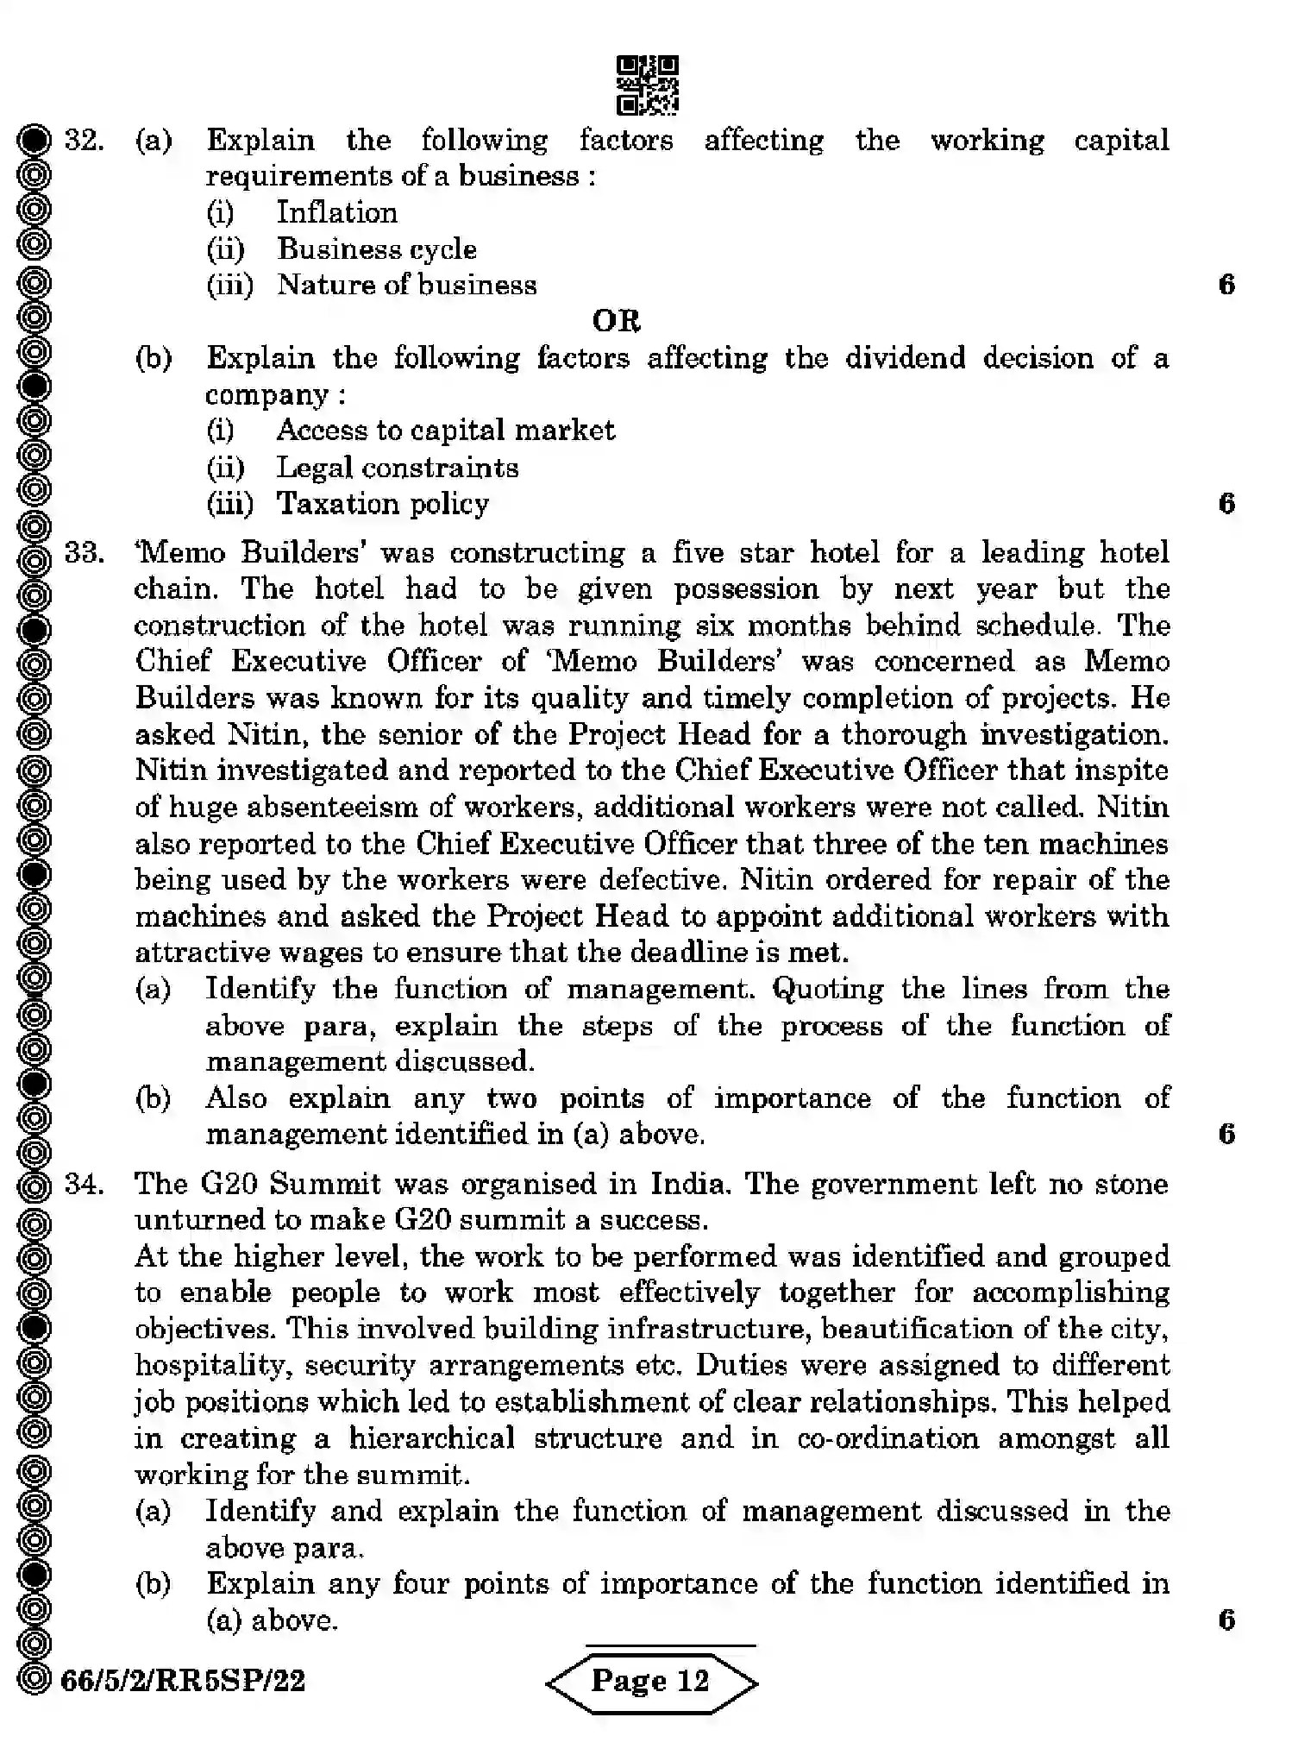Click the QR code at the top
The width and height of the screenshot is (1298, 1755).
[647, 85]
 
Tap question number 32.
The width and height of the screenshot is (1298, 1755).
[84, 140]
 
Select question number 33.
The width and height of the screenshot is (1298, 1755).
[84, 552]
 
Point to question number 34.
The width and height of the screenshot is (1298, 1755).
[84, 1183]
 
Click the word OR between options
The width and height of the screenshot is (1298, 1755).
[616, 321]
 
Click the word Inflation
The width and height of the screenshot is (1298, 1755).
[336, 212]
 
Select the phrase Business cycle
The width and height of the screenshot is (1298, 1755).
[377, 249]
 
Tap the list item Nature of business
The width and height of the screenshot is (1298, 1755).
[406, 285]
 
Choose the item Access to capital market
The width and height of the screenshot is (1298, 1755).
[445, 430]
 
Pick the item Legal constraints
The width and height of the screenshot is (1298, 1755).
[397, 468]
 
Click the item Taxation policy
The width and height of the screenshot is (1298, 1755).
[382, 504]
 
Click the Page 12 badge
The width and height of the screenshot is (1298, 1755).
[651, 1680]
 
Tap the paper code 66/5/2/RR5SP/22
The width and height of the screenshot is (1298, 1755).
[183, 1680]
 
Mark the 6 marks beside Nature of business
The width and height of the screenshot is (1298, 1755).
[1226, 285]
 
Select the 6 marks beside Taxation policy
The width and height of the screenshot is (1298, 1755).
[1226, 504]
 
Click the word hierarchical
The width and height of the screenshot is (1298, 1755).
[431, 1438]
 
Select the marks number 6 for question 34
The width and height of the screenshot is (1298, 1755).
[1226, 1620]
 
